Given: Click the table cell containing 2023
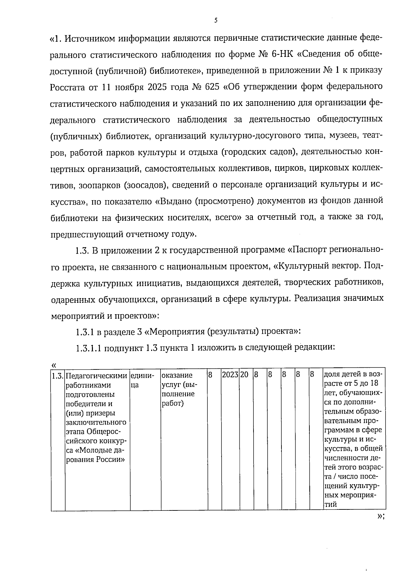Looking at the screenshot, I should [230, 375].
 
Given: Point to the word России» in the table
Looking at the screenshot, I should [110, 460].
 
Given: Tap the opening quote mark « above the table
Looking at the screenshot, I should [54, 365].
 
